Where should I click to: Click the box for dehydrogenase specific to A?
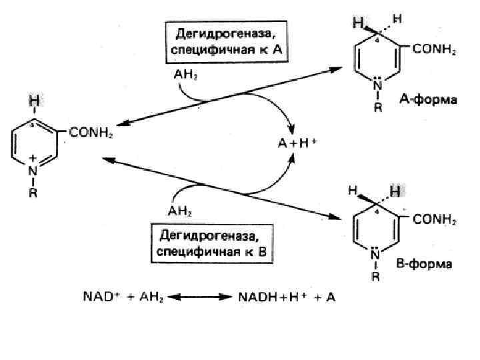(x=227, y=42)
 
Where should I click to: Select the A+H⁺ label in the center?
(x=296, y=142)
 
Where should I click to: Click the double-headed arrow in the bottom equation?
(x=201, y=297)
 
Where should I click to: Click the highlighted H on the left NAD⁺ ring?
(x=33, y=101)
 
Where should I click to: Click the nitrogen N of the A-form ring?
(x=377, y=85)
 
